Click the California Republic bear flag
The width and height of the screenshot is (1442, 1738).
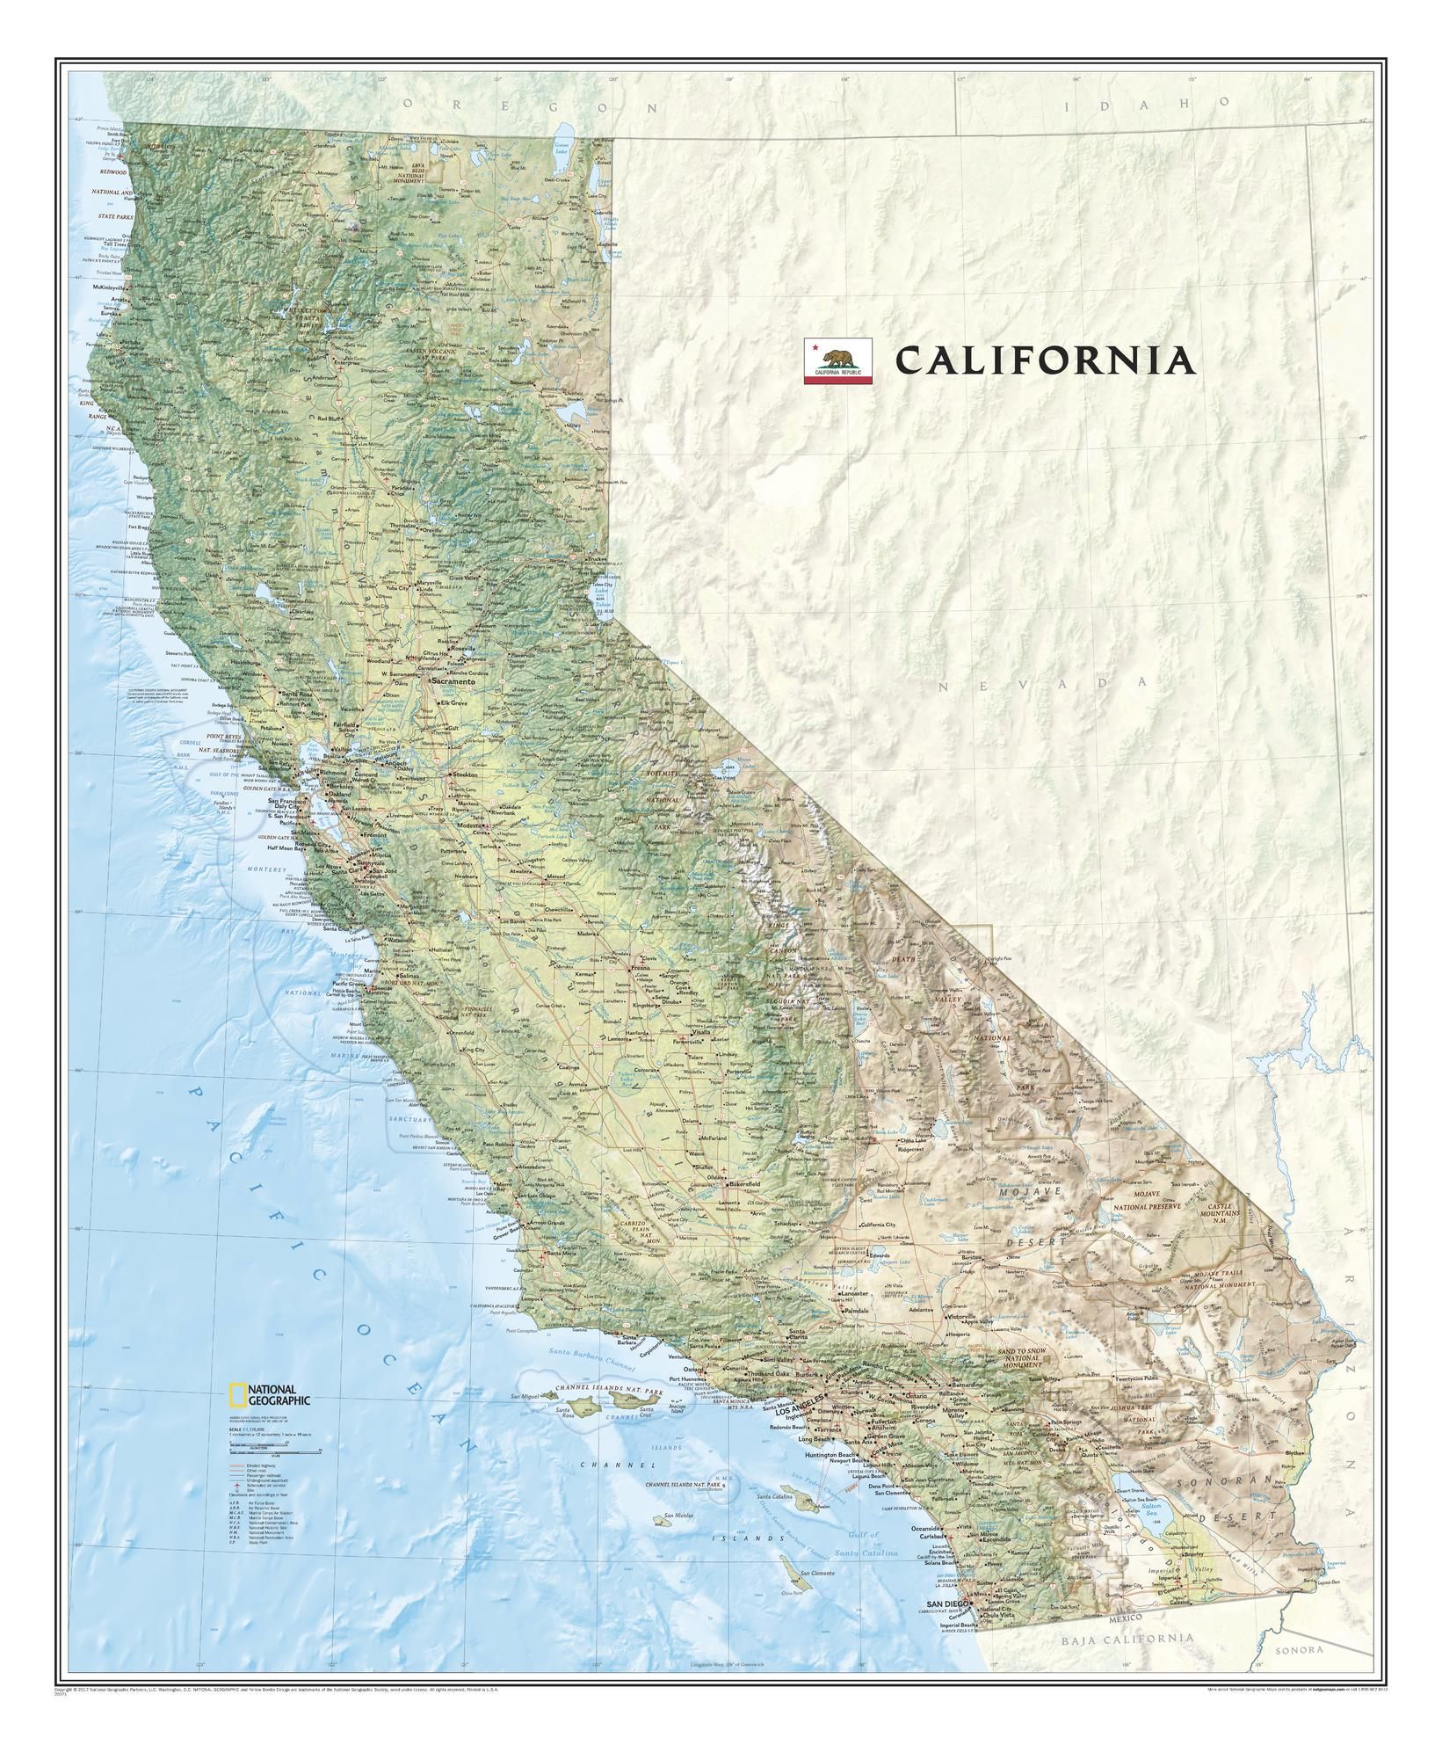click(x=837, y=360)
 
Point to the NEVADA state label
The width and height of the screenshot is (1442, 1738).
click(x=1042, y=682)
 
